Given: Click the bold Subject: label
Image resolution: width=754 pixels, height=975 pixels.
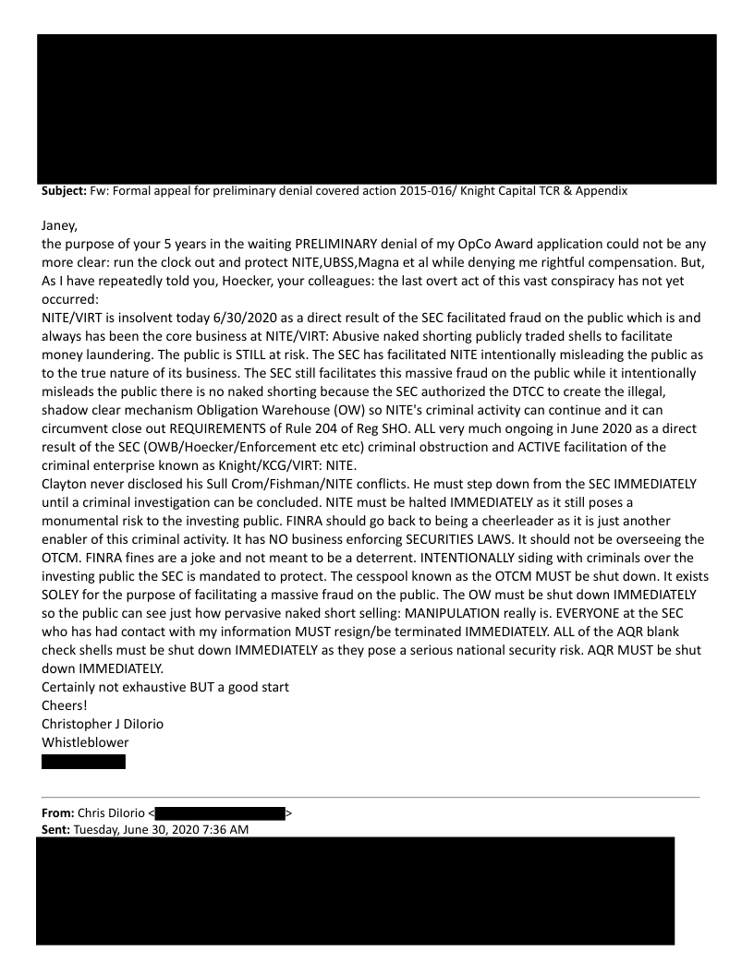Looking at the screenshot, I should [x=61, y=191].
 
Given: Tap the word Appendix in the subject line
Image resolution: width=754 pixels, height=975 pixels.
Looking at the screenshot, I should [x=599, y=191].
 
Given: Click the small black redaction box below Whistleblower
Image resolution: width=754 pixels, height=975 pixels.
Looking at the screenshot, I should [x=83, y=762].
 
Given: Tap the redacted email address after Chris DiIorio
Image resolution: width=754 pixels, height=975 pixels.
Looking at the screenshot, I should [x=219, y=813].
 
